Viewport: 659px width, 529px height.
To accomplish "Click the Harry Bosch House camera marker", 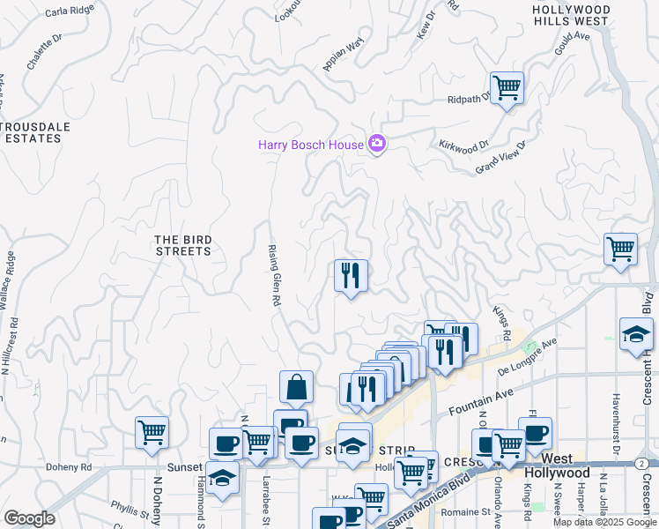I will pyautogui.click(x=377, y=143).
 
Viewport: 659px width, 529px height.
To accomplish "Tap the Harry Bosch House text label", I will pyautogui.click(x=310, y=145).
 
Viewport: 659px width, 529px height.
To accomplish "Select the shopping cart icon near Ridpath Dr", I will pyautogui.click(x=507, y=88).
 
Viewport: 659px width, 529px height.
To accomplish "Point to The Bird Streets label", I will pyautogui.click(x=182, y=245).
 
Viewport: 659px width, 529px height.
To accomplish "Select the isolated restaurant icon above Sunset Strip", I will pyautogui.click(x=351, y=276).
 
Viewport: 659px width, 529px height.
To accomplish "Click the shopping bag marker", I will pyautogui.click(x=296, y=387).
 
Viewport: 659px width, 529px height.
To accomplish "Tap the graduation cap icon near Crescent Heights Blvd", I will pyautogui.click(x=636, y=335).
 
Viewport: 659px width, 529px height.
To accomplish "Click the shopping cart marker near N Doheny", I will pyautogui.click(x=152, y=433).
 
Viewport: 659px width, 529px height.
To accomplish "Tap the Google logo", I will pyautogui.click(x=28, y=518).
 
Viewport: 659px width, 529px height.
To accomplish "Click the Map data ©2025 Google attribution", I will pyautogui.click(x=603, y=522).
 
